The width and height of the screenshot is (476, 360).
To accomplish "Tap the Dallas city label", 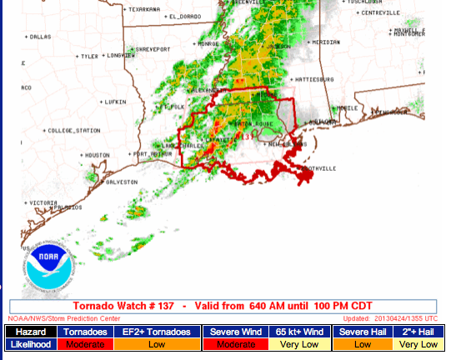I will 40,37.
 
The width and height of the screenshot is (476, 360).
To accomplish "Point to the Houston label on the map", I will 98,155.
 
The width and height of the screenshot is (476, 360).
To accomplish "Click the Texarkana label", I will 143,9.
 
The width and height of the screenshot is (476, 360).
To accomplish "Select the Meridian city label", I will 325,41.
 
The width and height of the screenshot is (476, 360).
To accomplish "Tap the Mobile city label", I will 348,108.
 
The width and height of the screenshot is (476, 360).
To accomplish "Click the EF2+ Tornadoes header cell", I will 157,332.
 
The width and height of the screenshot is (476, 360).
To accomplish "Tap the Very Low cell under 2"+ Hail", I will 418,344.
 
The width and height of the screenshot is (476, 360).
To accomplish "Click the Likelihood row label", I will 31,344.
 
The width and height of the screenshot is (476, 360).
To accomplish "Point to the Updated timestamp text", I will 390,318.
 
